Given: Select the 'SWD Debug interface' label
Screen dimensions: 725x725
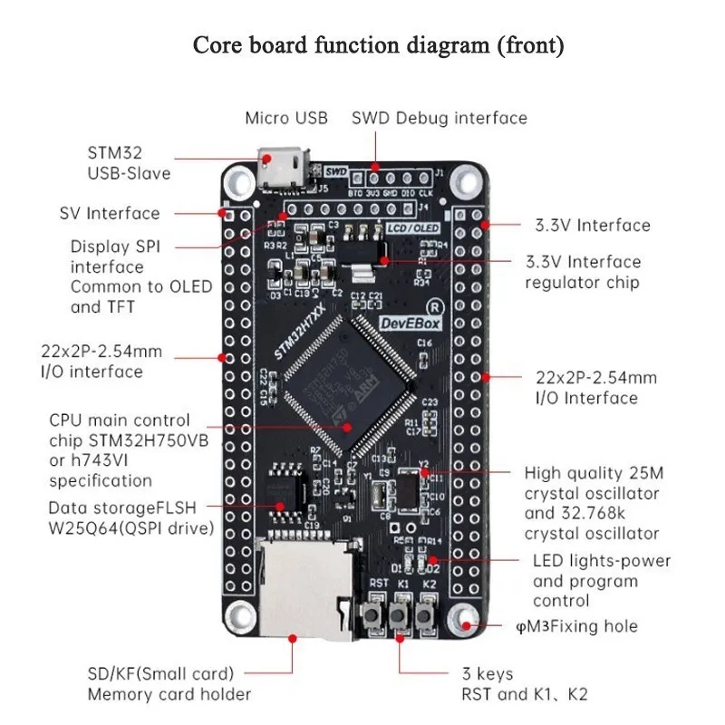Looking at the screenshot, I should pyautogui.click(x=439, y=118).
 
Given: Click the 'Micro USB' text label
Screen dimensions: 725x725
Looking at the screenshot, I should pyautogui.click(x=286, y=118).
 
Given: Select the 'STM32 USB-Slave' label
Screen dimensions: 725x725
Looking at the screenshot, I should pyautogui.click(x=129, y=162).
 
